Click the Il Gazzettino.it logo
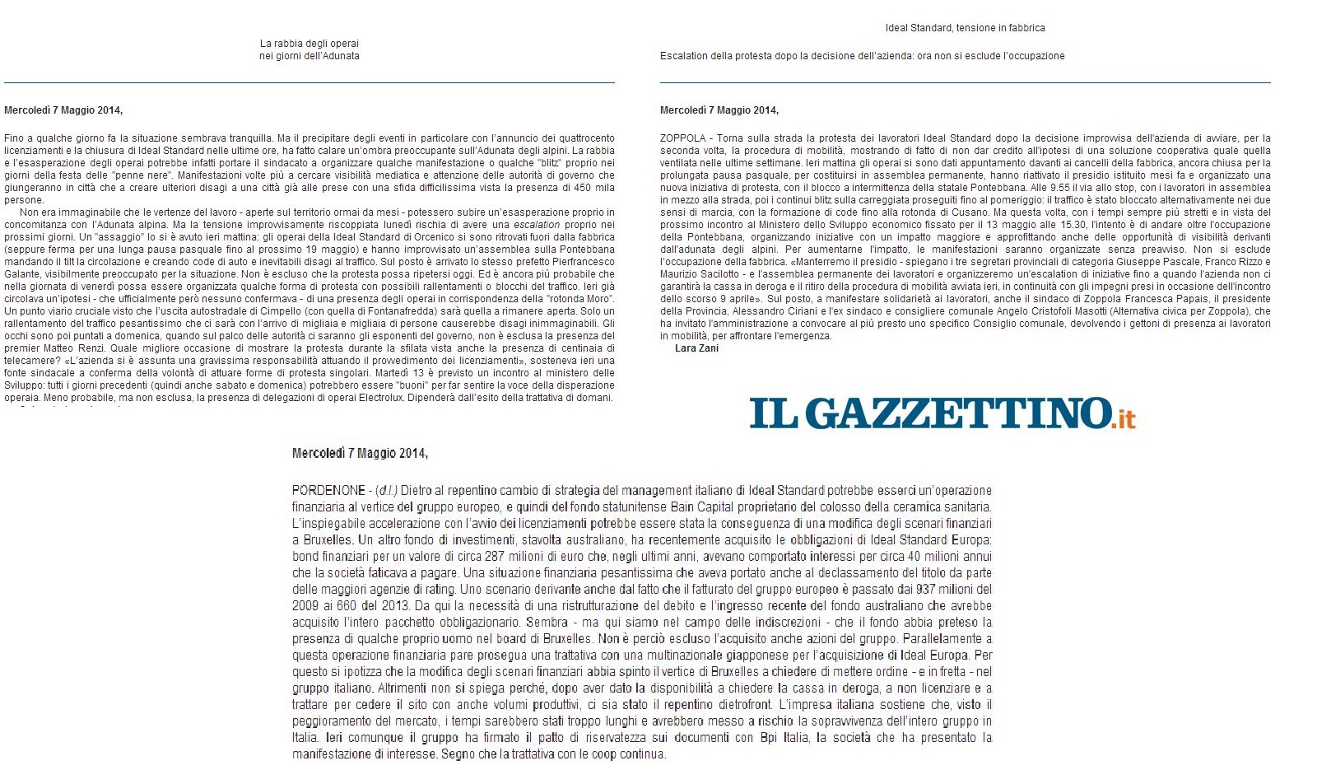[x=942, y=413]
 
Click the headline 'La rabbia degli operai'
[x=309, y=44]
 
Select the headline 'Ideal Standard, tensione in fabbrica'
[x=965, y=28]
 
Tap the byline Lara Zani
[x=696, y=348]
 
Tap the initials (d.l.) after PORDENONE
[x=384, y=491]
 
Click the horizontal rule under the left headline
[x=309, y=82]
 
